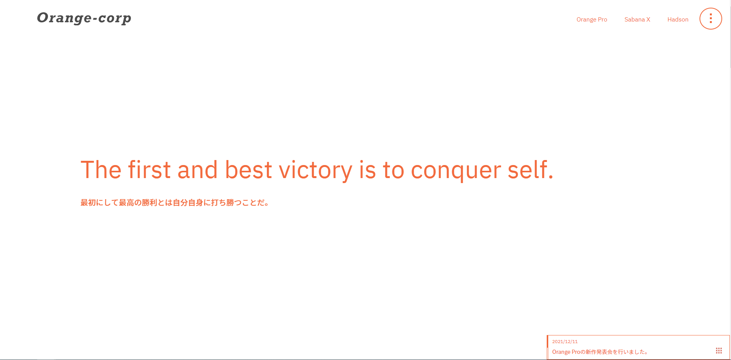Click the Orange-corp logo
(x=84, y=18)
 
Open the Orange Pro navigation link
(x=592, y=20)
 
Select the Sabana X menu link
(x=637, y=20)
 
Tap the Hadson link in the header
(x=678, y=20)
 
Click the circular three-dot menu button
(x=711, y=18)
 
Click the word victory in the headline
(x=315, y=170)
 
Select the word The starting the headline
(x=101, y=170)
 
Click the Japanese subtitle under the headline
(x=175, y=203)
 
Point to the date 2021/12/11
(x=565, y=342)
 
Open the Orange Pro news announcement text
(x=600, y=352)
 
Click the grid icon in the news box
(x=719, y=351)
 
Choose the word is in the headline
(x=367, y=170)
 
